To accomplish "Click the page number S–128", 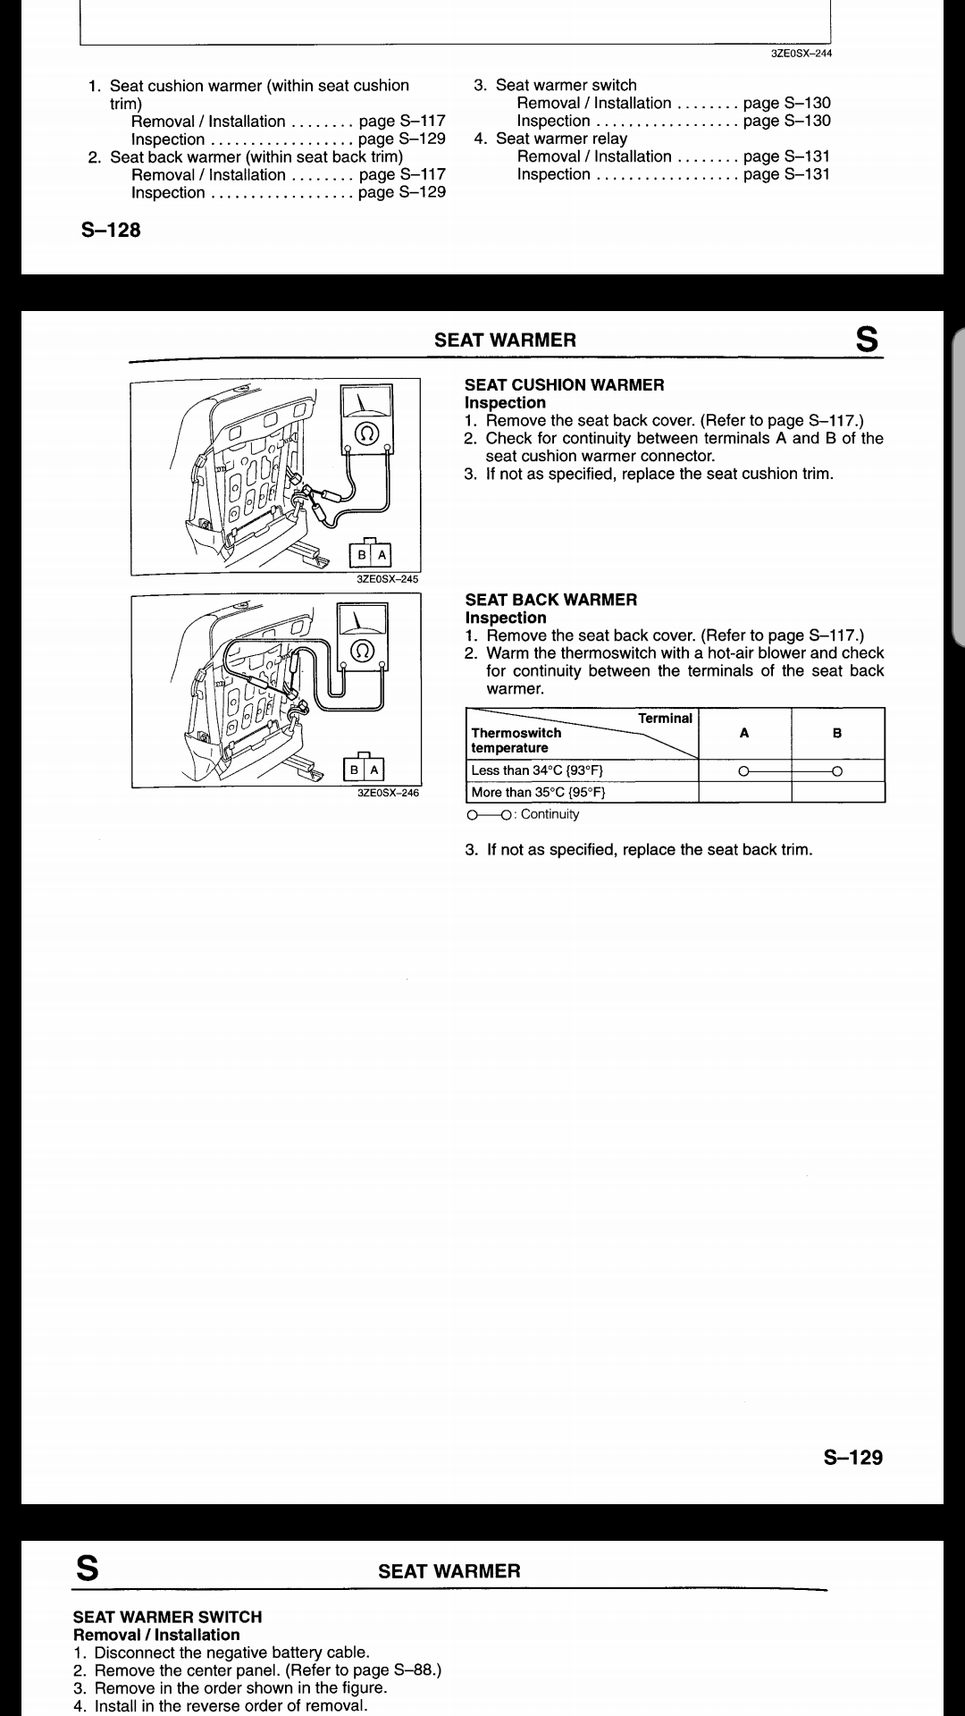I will click(x=111, y=231).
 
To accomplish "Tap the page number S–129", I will click(x=852, y=1458).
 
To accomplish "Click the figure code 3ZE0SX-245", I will click(x=388, y=579).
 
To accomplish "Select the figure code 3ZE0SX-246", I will click(x=388, y=793).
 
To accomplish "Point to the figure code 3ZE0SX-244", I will click(x=801, y=54).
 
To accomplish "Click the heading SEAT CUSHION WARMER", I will click(x=564, y=385).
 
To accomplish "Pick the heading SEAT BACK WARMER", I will click(x=551, y=600).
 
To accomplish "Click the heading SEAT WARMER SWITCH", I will click(x=167, y=1617).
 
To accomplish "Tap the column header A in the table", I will click(x=744, y=733).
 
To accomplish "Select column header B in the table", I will click(x=837, y=733).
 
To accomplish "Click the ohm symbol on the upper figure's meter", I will click(x=365, y=434).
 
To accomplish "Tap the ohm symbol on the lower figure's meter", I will click(x=363, y=649).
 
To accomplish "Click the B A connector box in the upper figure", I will click(x=371, y=555).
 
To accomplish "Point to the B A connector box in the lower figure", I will click(x=365, y=769).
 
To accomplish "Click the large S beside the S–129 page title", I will click(x=866, y=340).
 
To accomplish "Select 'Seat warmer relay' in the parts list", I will click(x=561, y=139).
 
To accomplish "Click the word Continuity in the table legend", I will click(x=550, y=814).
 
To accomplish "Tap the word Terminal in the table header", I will click(x=665, y=719).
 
